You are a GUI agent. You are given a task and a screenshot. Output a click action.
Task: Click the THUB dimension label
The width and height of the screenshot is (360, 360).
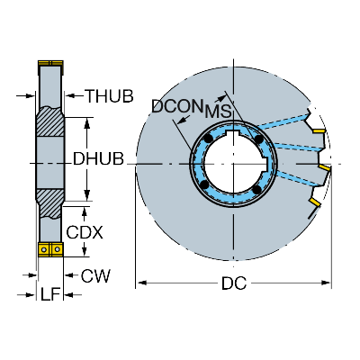coord(110,96)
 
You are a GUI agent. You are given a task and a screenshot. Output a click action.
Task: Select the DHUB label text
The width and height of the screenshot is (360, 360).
coord(98,158)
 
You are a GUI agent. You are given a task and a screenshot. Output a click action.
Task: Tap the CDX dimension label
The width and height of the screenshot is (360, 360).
coord(85,232)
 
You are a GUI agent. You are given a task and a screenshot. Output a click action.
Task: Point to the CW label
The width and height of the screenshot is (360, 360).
coord(95,275)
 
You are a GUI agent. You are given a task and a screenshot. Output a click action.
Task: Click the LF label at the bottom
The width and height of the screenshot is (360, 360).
coord(50,294)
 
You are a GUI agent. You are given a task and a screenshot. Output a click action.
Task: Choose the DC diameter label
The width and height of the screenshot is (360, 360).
coord(234,283)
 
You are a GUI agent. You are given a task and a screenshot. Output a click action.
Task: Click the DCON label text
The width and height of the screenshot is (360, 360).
coord(176,106)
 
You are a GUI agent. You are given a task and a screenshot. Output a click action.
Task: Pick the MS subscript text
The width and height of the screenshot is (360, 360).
coord(218,112)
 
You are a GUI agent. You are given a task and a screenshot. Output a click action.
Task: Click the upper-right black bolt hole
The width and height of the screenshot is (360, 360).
coord(258,139)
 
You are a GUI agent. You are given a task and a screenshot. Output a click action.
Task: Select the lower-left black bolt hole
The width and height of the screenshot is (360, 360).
coord(205,184)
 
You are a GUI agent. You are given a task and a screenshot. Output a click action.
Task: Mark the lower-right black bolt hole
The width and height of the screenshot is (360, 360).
coord(256,189)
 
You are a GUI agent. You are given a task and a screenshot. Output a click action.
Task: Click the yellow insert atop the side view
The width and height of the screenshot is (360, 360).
coord(50,63)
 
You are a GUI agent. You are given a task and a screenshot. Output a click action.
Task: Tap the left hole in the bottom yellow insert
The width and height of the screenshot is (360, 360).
coord(44,249)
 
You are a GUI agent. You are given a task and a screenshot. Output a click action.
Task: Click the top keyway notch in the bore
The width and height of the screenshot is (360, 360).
coord(232,132)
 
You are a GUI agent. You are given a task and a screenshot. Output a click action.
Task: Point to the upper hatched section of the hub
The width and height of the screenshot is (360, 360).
coord(50,121)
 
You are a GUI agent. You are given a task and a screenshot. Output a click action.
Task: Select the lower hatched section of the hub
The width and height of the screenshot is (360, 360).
coord(49,203)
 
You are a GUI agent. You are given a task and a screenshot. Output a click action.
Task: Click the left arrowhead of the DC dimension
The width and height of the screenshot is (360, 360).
coord(141,283)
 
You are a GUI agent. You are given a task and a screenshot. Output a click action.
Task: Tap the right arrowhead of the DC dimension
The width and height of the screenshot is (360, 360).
coord(326,283)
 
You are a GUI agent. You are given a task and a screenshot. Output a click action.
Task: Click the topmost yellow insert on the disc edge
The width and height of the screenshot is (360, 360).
coord(319,131)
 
